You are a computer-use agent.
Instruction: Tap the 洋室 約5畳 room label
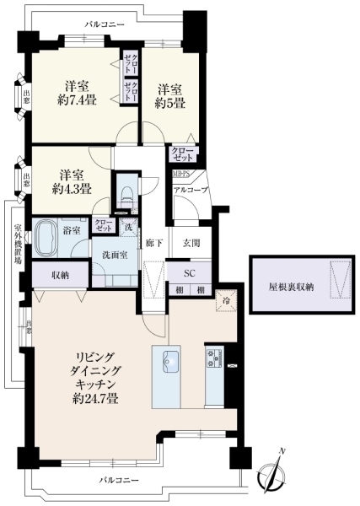pos(169,95)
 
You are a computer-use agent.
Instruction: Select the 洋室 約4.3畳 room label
pos(71,181)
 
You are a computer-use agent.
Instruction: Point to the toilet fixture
pos(125,191)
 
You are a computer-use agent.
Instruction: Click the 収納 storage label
pos(59,275)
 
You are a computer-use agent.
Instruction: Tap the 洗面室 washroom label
pos(114,254)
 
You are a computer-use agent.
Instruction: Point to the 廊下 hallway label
pos(153,243)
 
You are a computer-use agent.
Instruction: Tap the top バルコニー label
pos(105,26)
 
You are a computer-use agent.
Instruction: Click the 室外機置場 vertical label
pos(17,243)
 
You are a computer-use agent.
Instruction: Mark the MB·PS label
pos(181,175)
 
